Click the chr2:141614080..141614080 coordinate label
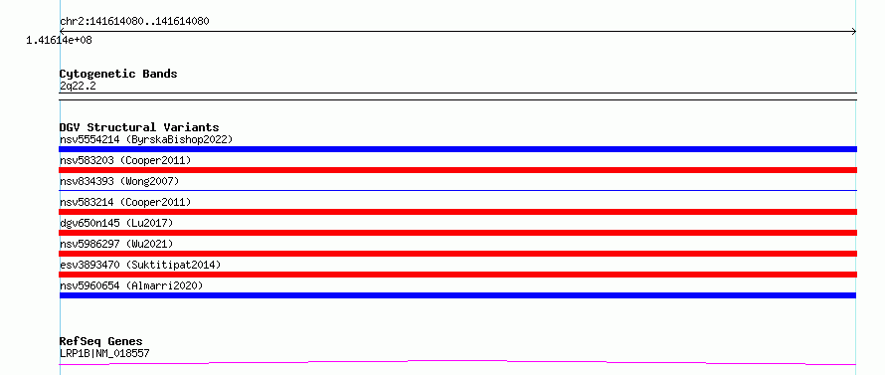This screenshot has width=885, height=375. [134, 22]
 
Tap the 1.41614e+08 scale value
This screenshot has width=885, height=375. [59, 40]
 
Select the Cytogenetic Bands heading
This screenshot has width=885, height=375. [118, 74]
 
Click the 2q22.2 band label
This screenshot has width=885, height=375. [78, 86]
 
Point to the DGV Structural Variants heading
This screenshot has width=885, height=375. [139, 127]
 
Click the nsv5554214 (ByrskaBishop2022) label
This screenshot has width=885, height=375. [146, 139]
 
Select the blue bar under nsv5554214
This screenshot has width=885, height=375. [457, 149]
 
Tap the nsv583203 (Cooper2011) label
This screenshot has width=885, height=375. [125, 160]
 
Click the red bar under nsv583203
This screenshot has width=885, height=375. [457, 170]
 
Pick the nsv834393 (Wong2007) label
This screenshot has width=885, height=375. [119, 181]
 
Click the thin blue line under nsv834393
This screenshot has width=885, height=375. [457, 190]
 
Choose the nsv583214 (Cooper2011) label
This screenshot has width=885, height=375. [125, 202]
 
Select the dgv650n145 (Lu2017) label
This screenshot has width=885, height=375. [116, 223]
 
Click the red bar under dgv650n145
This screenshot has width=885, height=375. [457, 233]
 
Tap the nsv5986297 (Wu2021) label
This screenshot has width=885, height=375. [116, 244]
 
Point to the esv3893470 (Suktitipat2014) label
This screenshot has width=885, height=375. [140, 265]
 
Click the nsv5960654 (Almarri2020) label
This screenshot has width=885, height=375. [131, 285]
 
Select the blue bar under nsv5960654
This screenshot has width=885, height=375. [457, 295]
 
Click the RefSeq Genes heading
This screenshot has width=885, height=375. [101, 342]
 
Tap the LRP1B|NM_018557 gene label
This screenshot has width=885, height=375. [104, 353]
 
